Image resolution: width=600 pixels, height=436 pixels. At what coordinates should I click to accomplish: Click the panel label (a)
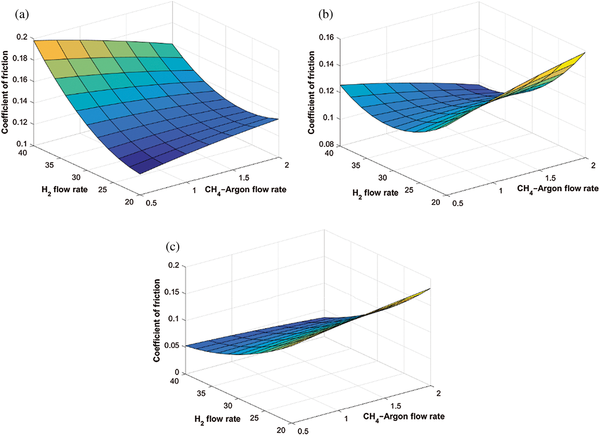click(x=22, y=15)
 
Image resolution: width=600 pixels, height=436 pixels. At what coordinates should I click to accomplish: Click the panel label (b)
click(x=325, y=15)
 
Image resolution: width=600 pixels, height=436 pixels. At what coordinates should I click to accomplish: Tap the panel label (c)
click(x=172, y=247)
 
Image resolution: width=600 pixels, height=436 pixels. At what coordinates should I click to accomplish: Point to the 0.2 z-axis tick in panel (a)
click(x=22, y=37)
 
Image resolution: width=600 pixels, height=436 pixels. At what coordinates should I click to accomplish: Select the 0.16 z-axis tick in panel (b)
click(x=326, y=38)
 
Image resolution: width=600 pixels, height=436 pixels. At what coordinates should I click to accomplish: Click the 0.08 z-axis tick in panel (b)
click(x=326, y=144)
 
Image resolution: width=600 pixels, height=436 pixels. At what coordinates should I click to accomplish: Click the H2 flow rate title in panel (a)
click(x=64, y=190)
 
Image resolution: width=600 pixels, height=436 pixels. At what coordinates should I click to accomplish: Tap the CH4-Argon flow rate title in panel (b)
click(x=558, y=189)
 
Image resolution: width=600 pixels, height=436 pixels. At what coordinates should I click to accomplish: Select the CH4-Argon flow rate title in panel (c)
click(x=404, y=417)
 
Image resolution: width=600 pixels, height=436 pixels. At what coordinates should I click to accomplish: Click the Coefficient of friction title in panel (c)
click(x=157, y=320)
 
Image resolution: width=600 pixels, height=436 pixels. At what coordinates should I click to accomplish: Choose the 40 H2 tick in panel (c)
click(x=174, y=381)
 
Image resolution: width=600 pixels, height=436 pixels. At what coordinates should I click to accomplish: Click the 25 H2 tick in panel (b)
click(x=409, y=190)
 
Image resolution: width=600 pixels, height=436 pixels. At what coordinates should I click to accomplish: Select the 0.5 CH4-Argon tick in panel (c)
click(x=303, y=431)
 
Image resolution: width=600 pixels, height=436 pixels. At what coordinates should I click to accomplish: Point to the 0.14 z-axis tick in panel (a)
click(x=20, y=102)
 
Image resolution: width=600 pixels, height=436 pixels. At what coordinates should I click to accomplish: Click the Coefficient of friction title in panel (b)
click(x=311, y=92)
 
